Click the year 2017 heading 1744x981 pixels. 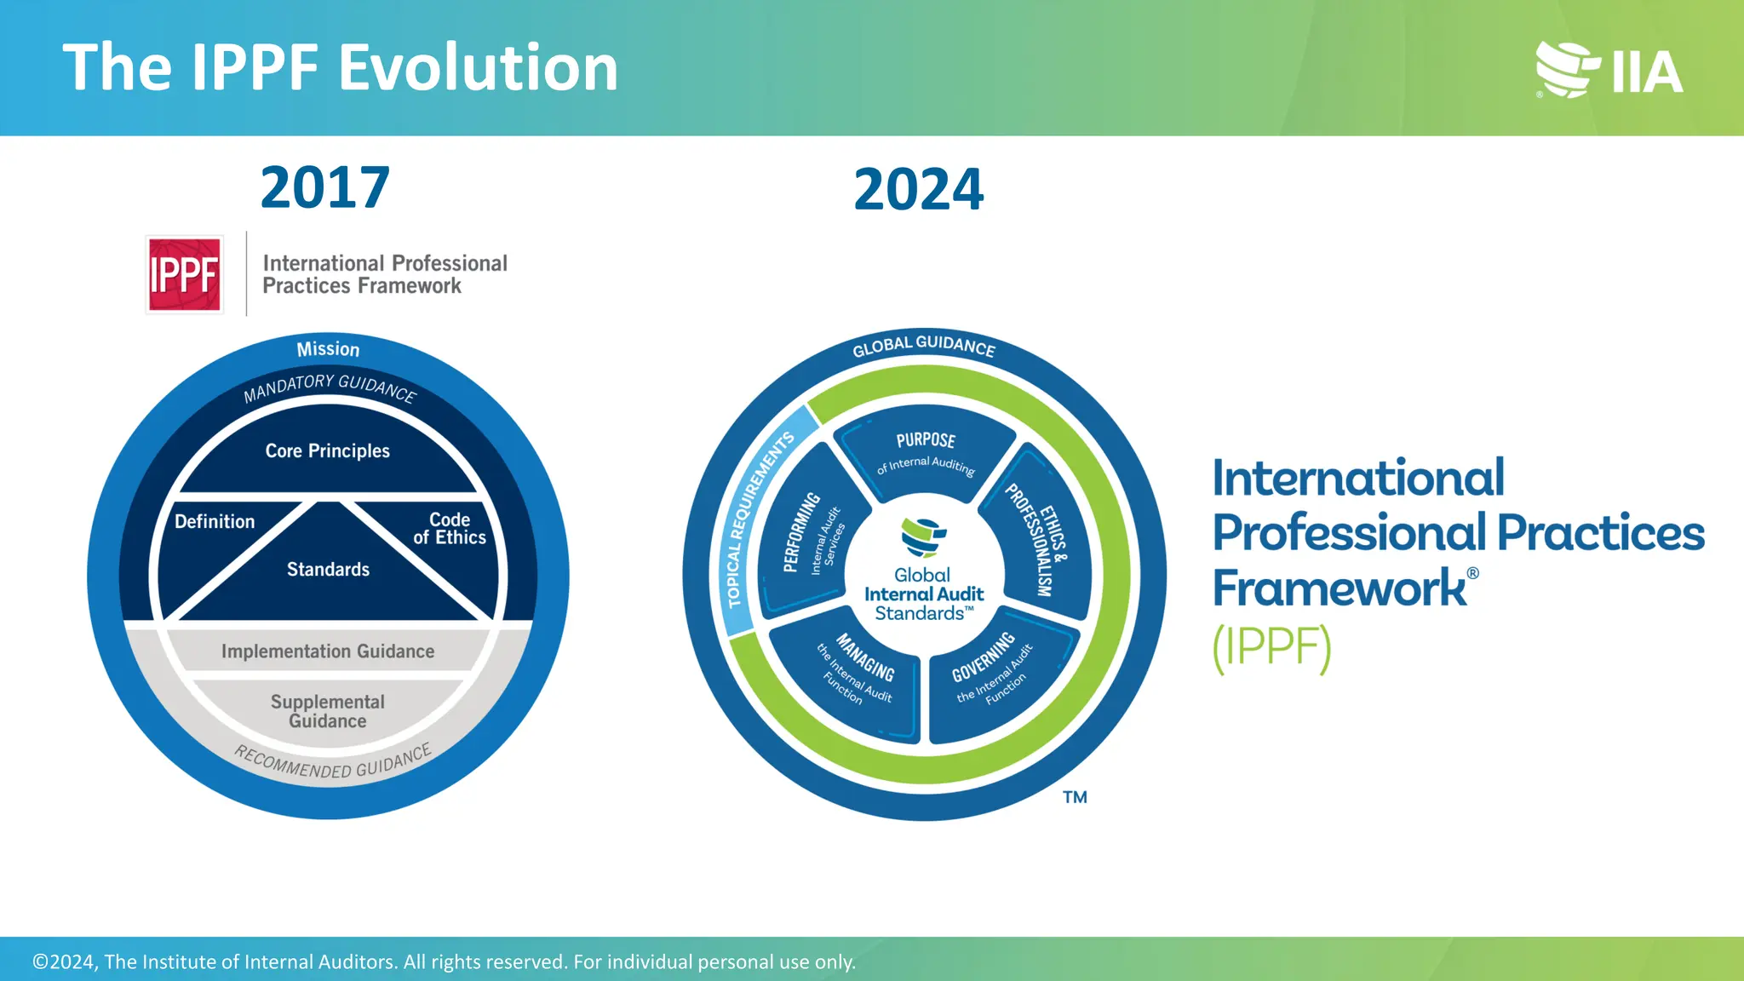(x=324, y=188)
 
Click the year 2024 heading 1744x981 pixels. (x=918, y=190)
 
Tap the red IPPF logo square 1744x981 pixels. (x=185, y=275)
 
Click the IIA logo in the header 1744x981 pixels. (x=1609, y=70)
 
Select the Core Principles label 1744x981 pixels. (x=327, y=451)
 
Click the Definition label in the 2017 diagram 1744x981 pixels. (x=215, y=522)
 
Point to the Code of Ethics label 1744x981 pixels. (x=449, y=529)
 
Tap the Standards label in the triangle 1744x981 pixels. (x=328, y=570)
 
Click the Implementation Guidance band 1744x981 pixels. (x=328, y=651)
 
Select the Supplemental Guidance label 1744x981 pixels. (x=328, y=711)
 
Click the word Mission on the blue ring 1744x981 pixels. (x=328, y=349)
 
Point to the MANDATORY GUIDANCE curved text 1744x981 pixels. (x=330, y=387)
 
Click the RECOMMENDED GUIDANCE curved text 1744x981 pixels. (x=333, y=763)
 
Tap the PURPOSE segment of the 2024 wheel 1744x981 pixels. (x=926, y=451)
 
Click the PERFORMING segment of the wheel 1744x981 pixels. (x=809, y=536)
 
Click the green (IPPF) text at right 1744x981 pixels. (x=1271, y=648)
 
